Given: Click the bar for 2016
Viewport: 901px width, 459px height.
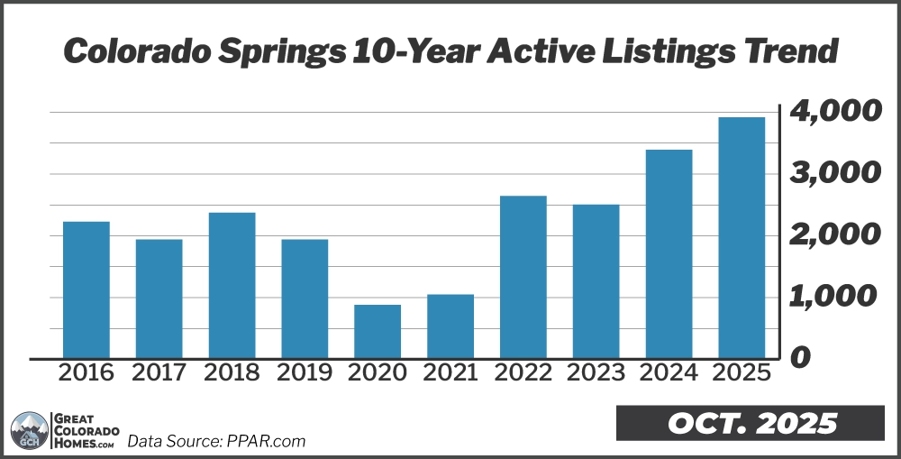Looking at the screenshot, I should click(86, 289).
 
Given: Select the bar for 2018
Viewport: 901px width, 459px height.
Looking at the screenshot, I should click(232, 285).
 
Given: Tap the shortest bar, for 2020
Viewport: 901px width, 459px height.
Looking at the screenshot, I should click(378, 331).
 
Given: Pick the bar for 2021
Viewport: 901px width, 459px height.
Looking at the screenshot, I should click(450, 326).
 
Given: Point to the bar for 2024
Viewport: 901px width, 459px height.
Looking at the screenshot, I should click(669, 253).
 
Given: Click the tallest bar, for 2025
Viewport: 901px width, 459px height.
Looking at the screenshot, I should click(742, 237).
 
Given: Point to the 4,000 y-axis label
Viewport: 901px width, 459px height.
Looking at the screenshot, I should click(833, 113).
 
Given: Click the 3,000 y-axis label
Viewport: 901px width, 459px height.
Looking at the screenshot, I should click(833, 174).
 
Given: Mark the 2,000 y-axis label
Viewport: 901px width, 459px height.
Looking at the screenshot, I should click(833, 235).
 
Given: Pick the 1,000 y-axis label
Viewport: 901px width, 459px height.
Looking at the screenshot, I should click(833, 297).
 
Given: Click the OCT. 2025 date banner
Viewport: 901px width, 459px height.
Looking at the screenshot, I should click(752, 423).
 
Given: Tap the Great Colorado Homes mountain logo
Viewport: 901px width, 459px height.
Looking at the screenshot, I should click(29, 431).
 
